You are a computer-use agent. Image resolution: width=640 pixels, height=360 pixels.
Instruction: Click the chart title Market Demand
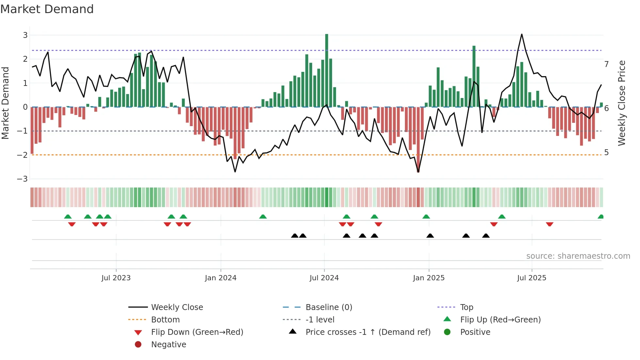coord(47,9)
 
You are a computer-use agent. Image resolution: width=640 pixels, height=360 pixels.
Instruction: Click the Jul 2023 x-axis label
coord(116,278)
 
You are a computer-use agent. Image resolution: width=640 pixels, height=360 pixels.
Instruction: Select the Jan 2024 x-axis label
coord(220,278)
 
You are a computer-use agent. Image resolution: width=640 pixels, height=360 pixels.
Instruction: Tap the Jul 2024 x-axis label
coord(324,278)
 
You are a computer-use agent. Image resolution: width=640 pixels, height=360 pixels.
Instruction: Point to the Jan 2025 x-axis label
coord(428,278)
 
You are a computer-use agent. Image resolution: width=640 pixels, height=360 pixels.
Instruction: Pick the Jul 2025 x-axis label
coord(532,278)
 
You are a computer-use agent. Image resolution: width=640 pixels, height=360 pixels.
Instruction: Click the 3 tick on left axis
coord(25,35)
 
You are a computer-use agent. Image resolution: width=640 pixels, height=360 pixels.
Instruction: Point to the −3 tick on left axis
coord(23,179)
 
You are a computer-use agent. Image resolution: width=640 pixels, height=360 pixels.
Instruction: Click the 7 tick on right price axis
coord(606,64)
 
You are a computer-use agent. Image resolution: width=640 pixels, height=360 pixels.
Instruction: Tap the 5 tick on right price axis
coord(606,153)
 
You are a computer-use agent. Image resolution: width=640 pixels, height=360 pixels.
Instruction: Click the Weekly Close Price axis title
coord(622,103)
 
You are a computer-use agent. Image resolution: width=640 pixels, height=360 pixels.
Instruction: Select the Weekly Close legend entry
coord(177,307)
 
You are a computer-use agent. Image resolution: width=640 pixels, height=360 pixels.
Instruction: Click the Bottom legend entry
coord(165,320)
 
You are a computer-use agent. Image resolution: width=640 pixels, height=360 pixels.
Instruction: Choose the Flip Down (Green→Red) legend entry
coord(197,332)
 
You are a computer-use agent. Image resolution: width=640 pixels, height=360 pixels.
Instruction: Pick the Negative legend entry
coord(168,345)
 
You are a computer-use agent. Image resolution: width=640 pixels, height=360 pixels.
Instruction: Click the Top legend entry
coord(466,307)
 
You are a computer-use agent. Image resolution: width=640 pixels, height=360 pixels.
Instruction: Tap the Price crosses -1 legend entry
coord(368,332)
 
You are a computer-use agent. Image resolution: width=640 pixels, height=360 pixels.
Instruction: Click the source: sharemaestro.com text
coord(578,256)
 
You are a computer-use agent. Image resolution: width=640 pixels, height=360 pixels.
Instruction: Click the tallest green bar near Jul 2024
coord(327,70)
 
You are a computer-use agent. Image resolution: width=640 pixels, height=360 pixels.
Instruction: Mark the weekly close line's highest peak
coord(521,34)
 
